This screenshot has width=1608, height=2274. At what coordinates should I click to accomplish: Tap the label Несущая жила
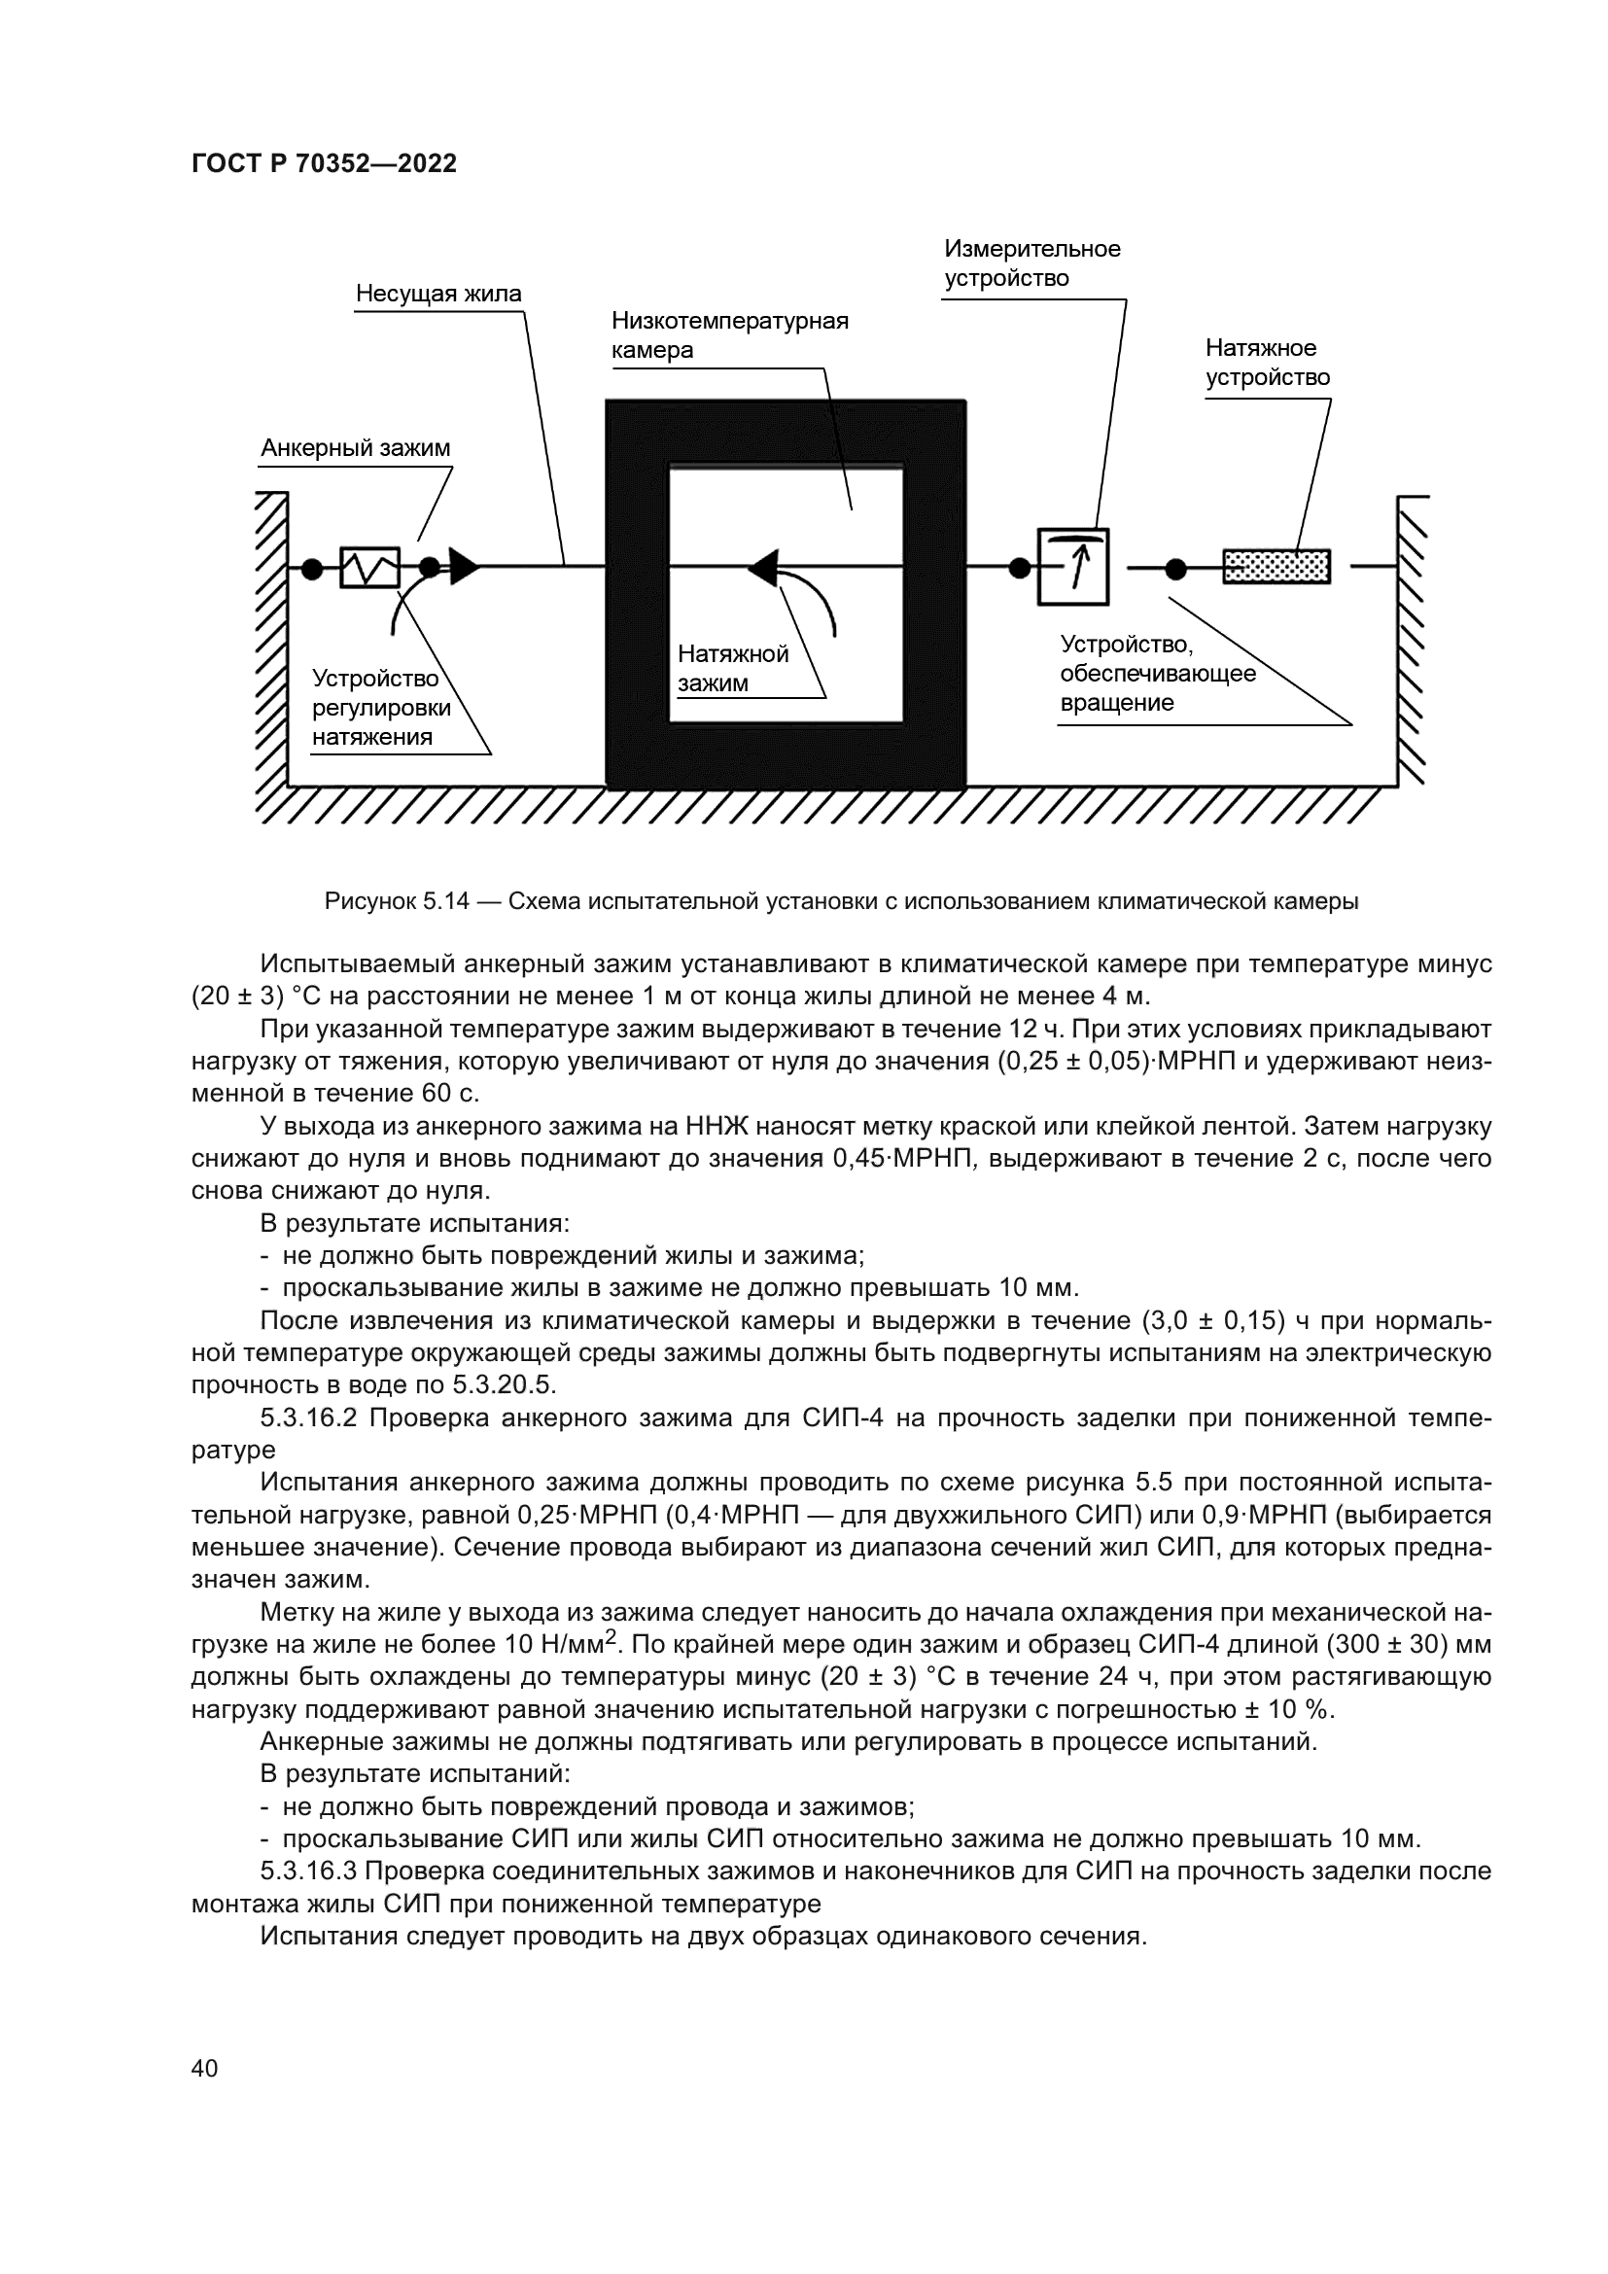[x=438, y=295]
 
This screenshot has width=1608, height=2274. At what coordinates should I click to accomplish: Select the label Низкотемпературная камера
[x=730, y=335]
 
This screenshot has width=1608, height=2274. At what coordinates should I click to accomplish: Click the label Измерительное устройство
[x=1031, y=263]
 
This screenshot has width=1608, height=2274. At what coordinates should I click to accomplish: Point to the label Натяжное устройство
[x=1267, y=363]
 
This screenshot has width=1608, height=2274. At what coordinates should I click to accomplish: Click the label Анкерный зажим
[x=356, y=448]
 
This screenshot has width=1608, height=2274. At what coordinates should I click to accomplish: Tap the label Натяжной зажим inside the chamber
[x=732, y=669]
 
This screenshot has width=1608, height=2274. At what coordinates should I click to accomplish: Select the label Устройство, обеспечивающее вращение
[x=1157, y=675]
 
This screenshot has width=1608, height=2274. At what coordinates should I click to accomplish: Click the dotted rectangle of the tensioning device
[x=1276, y=568]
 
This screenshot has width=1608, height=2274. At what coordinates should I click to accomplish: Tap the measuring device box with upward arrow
[x=1072, y=568]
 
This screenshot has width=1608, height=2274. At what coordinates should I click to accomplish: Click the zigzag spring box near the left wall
[x=369, y=568]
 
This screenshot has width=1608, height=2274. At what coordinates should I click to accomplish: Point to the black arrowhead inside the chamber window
[x=763, y=568]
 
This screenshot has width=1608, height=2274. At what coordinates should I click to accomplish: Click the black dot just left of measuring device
[x=1018, y=568]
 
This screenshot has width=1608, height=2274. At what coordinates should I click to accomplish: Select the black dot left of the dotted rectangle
[x=1175, y=569]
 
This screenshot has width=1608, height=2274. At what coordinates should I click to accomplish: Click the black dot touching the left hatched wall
[x=311, y=569]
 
